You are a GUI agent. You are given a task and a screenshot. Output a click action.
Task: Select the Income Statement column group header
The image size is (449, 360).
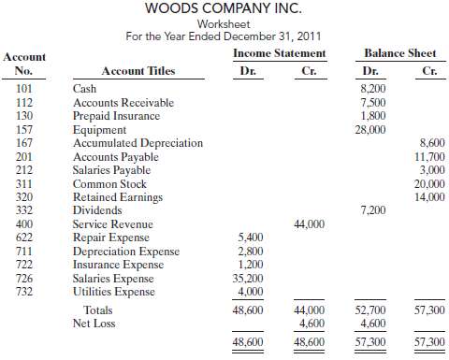point(278,53)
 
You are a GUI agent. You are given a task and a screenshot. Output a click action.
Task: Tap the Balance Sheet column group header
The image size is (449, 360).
point(399,53)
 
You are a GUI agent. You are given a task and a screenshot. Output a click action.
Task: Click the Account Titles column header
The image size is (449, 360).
point(138,71)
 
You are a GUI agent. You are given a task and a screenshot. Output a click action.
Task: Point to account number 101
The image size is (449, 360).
point(23,89)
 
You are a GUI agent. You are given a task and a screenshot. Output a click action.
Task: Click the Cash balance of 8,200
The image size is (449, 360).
point(372,89)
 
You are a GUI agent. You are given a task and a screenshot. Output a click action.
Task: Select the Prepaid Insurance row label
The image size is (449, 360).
point(116,116)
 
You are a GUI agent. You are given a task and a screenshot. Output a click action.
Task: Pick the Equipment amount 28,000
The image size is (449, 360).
point(369,129)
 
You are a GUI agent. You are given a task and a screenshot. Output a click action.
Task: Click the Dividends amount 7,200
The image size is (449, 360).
point(372,211)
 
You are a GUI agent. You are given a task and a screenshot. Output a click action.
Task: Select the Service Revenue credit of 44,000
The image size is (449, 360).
point(309,224)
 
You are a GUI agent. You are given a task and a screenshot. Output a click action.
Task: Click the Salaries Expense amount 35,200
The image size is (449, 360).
point(250,279)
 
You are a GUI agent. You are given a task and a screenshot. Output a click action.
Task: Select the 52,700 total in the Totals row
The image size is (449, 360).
point(369,310)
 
